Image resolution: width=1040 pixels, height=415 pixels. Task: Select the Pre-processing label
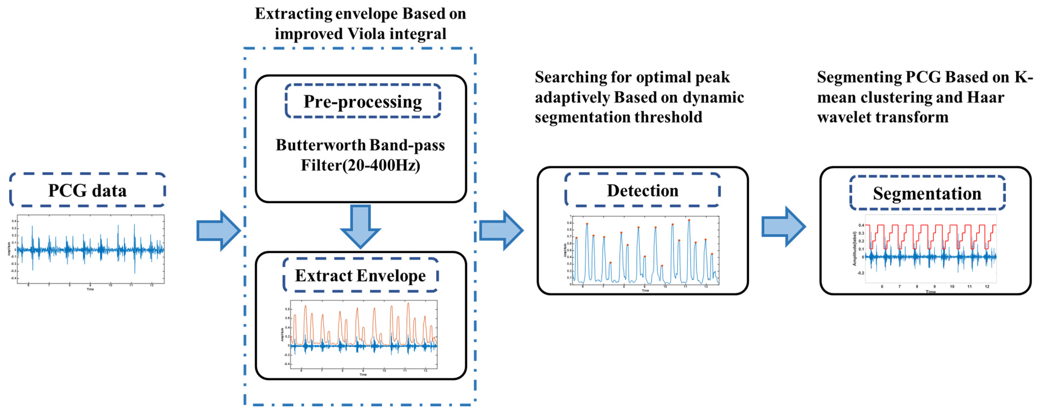(x=363, y=101)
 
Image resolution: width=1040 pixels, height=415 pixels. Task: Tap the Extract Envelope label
(x=360, y=276)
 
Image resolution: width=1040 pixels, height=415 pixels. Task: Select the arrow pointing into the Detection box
(x=501, y=231)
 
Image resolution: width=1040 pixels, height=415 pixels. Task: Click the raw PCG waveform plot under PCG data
(x=91, y=249)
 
